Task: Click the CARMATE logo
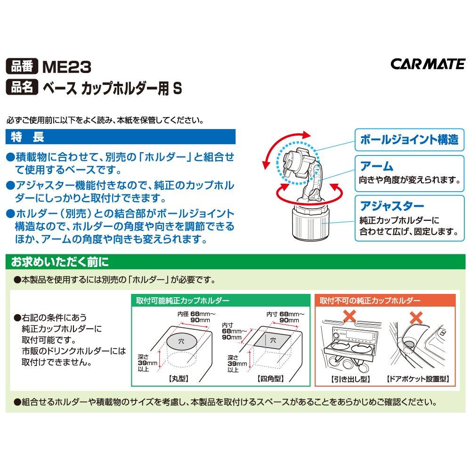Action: pyautogui.click(x=428, y=64)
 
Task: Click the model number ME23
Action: pyautogui.click(x=67, y=67)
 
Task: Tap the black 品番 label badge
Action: pyautogui.click(x=22, y=66)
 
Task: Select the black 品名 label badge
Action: pyautogui.click(x=22, y=87)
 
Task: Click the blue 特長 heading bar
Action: pyautogui.click(x=121, y=137)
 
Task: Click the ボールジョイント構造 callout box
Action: pyautogui.click(x=409, y=140)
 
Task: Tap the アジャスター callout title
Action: pyautogui.click(x=392, y=206)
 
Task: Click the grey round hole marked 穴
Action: pyautogui.click(x=182, y=341)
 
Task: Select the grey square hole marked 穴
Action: pyautogui.click(x=272, y=341)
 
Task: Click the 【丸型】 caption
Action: pyautogui.click(x=179, y=379)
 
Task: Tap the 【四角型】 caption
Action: pyautogui.click(x=271, y=379)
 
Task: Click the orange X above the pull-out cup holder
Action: pyautogui.click(x=349, y=316)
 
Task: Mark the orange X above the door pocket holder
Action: pyautogui.click(x=416, y=317)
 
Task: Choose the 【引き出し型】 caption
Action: pyautogui.click(x=350, y=379)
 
